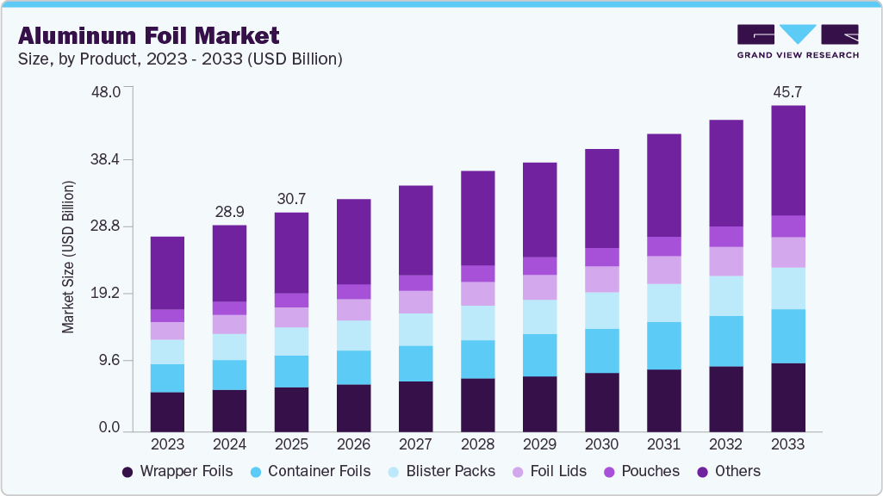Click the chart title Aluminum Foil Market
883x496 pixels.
pyautogui.click(x=149, y=35)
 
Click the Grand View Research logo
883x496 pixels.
pyautogui.click(x=798, y=41)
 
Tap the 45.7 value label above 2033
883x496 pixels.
pyautogui.click(x=787, y=90)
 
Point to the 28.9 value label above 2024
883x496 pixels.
pyautogui.click(x=229, y=211)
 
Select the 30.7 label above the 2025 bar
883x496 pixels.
pyautogui.click(x=291, y=199)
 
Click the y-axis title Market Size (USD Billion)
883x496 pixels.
pyautogui.click(x=68, y=257)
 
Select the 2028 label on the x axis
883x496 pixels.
pyautogui.click(x=477, y=444)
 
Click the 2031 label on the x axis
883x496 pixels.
pyautogui.click(x=663, y=444)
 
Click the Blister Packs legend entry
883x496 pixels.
pyautogui.click(x=442, y=471)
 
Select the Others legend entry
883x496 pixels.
pyautogui.click(x=727, y=471)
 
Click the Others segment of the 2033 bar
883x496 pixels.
pyautogui.click(x=787, y=160)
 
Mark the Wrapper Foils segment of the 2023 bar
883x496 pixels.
pyautogui.click(x=167, y=412)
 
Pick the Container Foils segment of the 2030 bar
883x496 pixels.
pyautogui.click(x=601, y=350)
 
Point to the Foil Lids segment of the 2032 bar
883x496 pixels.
pyautogui.click(x=725, y=261)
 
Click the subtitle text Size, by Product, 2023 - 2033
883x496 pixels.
pyautogui.click(x=180, y=59)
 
